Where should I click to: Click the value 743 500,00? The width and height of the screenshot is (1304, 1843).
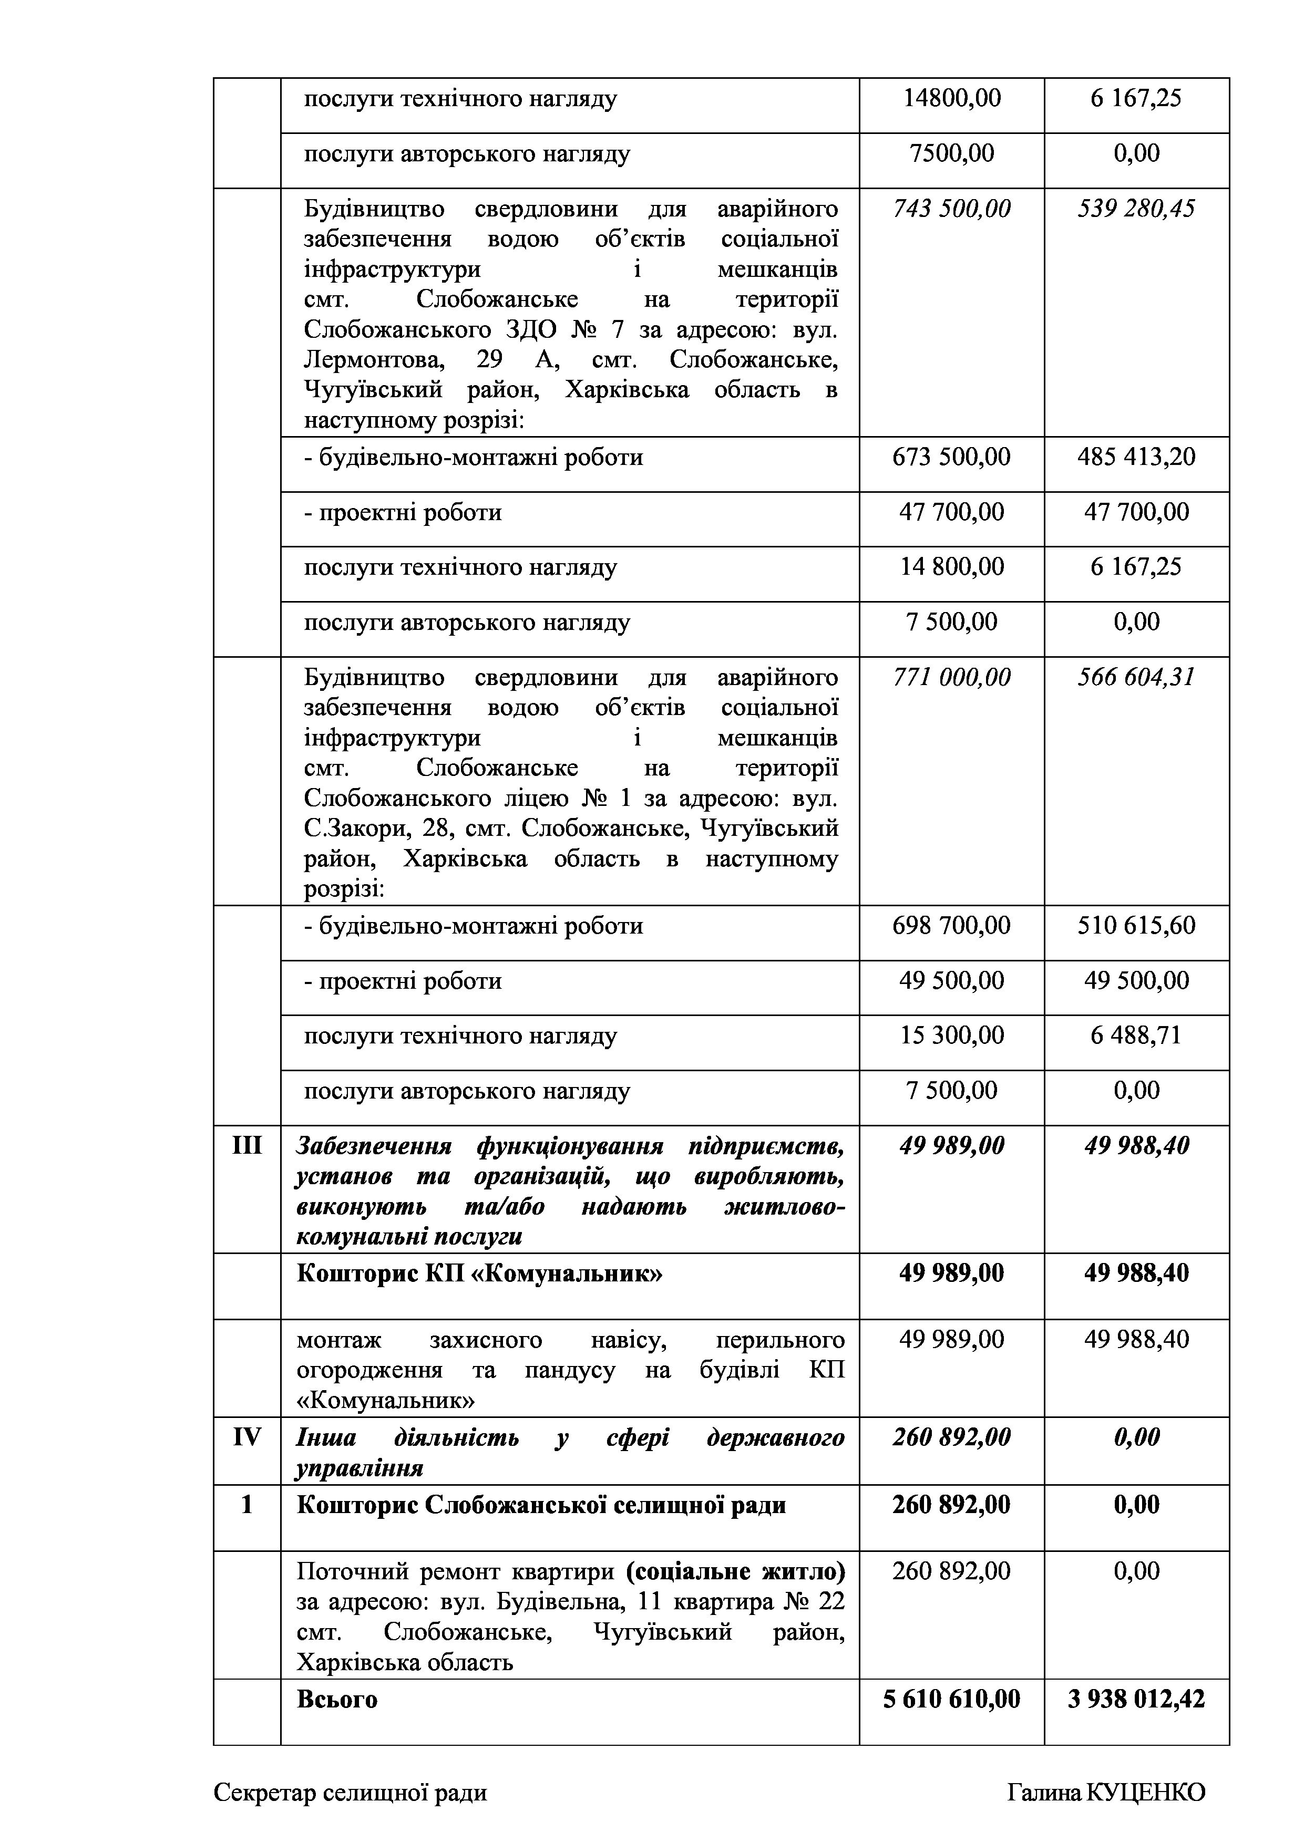(x=951, y=210)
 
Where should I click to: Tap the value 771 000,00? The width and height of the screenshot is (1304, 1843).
(x=951, y=678)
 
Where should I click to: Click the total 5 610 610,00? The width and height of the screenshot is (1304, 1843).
(x=951, y=1700)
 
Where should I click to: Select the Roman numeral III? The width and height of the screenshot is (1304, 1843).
(x=247, y=1145)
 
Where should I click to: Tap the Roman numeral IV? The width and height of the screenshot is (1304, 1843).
(x=247, y=1437)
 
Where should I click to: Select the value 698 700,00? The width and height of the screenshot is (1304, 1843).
(x=951, y=926)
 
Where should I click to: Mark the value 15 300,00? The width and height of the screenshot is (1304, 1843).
(x=951, y=1036)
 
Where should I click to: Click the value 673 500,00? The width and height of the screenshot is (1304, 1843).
(x=951, y=458)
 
